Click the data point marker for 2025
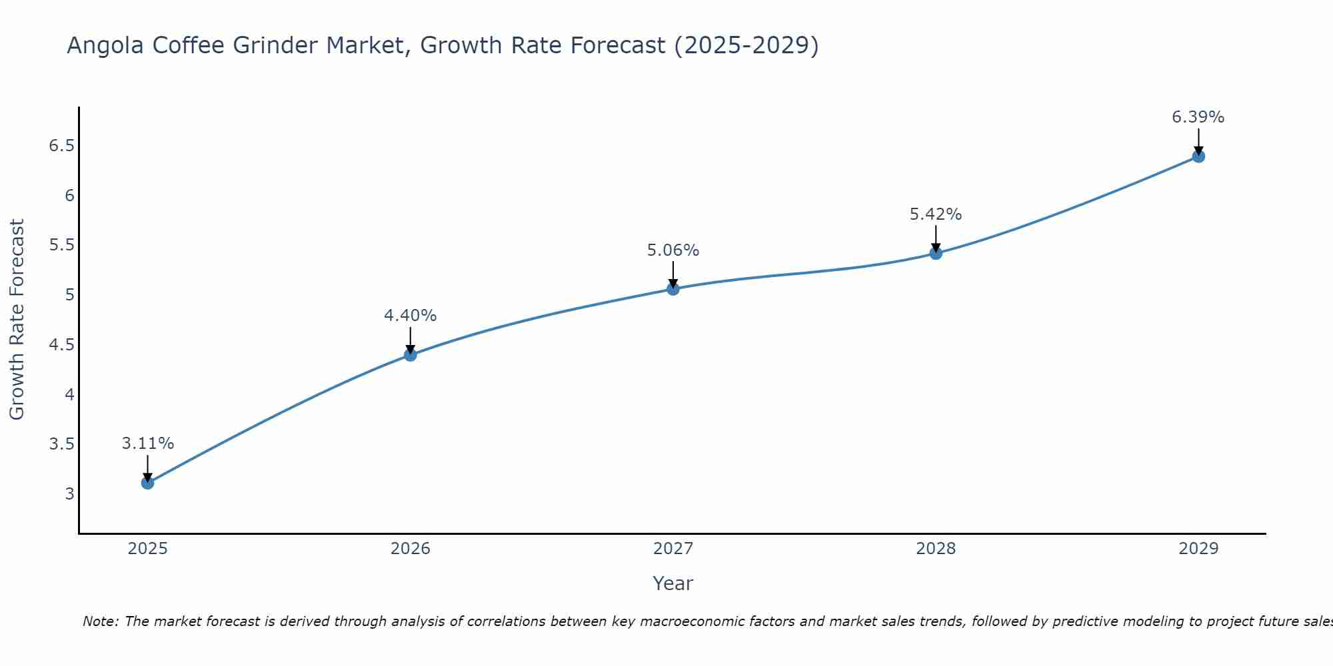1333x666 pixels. point(147,483)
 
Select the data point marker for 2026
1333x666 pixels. point(410,355)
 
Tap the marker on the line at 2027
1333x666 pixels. point(672,289)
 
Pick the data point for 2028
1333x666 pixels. point(935,253)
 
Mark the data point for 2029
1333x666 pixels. point(1198,157)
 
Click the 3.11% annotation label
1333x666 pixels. point(147,444)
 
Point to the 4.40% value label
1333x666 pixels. point(410,316)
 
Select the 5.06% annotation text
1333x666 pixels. point(672,250)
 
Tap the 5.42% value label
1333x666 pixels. point(935,214)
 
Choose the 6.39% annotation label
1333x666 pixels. point(1198,117)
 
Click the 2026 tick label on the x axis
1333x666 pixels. point(410,549)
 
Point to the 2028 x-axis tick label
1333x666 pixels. point(935,549)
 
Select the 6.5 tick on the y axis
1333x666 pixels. point(61,146)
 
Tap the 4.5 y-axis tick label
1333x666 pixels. point(61,345)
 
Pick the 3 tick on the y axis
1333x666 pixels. point(69,494)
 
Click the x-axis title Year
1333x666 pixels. point(672,583)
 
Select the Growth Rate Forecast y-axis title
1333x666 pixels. point(17,320)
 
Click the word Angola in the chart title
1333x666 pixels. point(105,45)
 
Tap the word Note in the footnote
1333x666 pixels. point(100,621)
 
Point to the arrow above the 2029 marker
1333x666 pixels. point(1198,141)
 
